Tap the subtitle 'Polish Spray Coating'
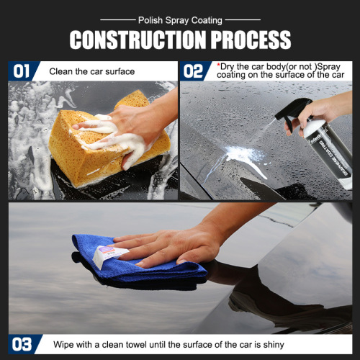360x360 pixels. pyautogui.click(x=179, y=21)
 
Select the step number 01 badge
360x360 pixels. pyautogui.click(x=22, y=71)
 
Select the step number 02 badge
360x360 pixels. pyautogui.click(x=193, y=71)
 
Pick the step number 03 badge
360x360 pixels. pyautogui.click(x=22, y=343)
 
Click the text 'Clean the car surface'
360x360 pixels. pyautogui.click(x=93, y=71)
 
